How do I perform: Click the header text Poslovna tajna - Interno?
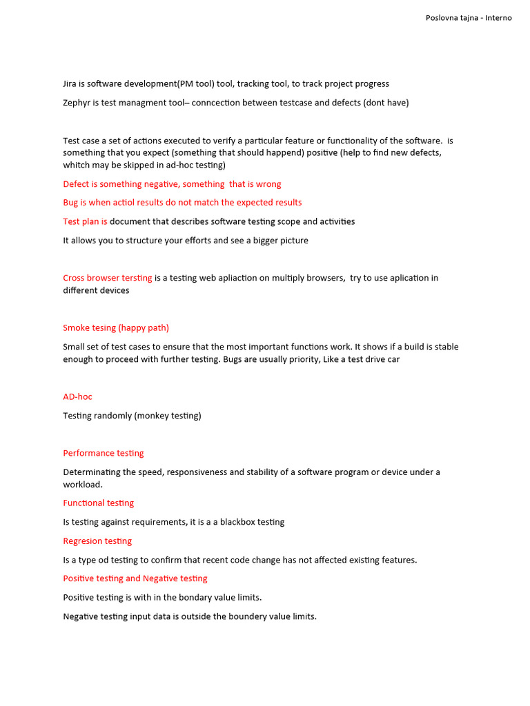pos(469,18)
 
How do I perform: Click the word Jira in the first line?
pos(70,84)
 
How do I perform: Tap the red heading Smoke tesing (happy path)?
pos(116,327)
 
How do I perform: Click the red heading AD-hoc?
pos(77,396)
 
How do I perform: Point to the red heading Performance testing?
pos(104,453)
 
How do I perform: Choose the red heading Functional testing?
pos(99,503)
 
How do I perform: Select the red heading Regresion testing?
pos(97,541)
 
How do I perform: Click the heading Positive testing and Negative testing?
pos(135,578)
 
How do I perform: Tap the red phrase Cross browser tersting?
pos(108,278)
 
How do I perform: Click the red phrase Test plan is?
pos(85,221)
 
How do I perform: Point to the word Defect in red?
pos(76,184)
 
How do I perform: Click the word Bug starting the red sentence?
pos(71,203)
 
